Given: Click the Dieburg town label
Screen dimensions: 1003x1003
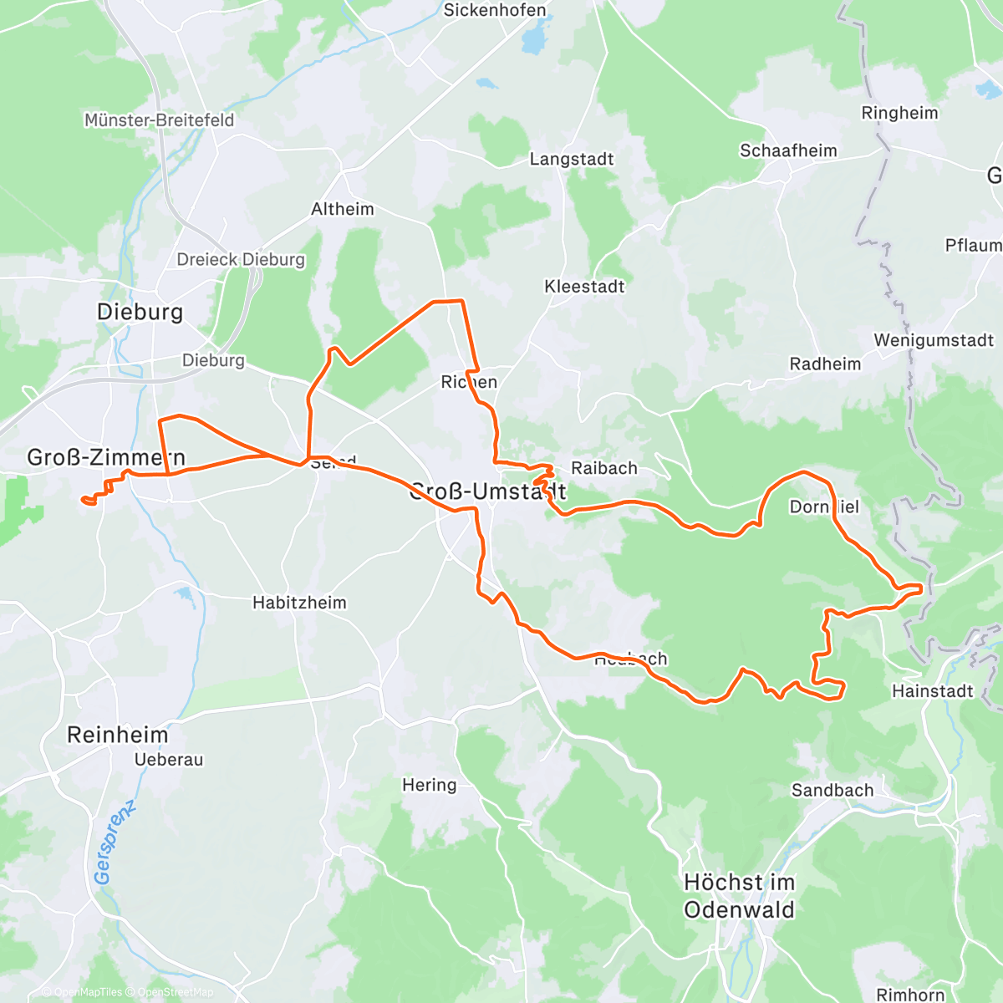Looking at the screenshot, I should pos(140,313).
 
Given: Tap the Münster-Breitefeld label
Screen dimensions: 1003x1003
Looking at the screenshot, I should pos(159,120).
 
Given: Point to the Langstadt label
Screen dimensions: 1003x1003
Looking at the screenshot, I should pos(572,160).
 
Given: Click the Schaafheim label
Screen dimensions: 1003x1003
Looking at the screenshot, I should pos(788,151).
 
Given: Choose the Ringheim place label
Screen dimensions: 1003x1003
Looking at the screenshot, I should pos(899,113).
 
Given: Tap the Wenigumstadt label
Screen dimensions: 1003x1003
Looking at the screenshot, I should pos(934,341).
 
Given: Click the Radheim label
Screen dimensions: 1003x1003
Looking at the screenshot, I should pos(825,364).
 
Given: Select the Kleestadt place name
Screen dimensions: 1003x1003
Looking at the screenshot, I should pos(584,287).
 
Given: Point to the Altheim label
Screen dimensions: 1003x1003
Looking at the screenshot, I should pos(343,210).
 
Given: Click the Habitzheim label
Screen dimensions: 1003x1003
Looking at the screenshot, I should pos(299,603).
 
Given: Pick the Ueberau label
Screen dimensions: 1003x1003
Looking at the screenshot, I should pos(169,760).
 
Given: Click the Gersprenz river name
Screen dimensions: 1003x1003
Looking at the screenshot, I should pos(114,842).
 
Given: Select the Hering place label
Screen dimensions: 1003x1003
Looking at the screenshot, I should pos(430,785).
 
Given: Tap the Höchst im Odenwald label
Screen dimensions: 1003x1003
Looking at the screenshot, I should pos(739,896).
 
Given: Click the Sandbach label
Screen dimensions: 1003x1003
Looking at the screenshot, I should pos(832,791).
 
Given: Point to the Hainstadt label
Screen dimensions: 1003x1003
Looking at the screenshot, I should pos(933,691).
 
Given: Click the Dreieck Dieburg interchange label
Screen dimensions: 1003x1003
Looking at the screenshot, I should pos(241,260).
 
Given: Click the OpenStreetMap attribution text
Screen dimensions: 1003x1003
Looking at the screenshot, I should pos(175,992).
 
